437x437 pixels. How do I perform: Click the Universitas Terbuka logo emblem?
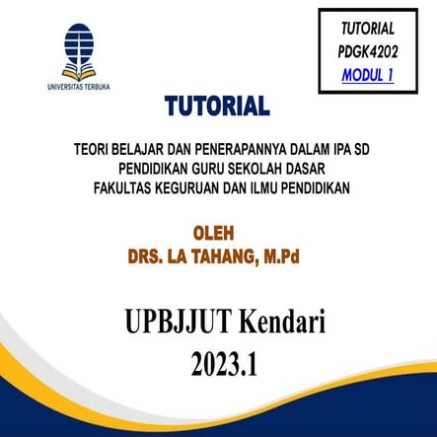coord(78,50)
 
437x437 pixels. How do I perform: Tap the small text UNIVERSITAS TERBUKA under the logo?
coord(79,87)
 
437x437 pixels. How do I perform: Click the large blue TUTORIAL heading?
coord(217,106)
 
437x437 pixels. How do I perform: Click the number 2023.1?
coord(222,362)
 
